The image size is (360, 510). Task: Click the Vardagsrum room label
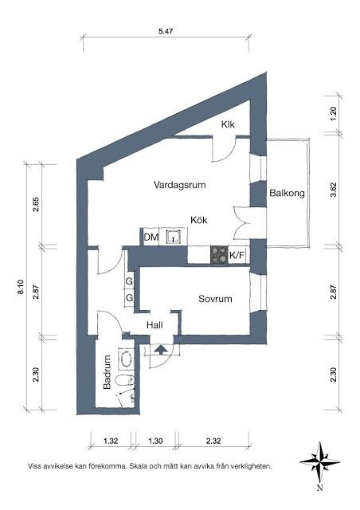click(x=179, y=185)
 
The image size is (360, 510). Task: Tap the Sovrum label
click(x=215, y=299)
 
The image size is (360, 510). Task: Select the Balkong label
click(x=288, y=193)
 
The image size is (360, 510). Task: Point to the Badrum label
click(x=107, y=372)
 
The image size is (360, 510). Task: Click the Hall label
click(x=155, y=325)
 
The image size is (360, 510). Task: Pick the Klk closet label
click(x=228, y=124)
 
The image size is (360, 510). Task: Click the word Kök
click(x=198, y=220)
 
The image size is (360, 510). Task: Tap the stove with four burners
click(x=219, y=254)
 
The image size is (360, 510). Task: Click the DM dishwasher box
click(x=151, y=237)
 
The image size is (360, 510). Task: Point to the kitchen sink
click(x=174, y=237)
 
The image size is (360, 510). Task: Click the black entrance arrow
click(x=161, y=349)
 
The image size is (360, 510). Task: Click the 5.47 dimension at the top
click(x=166, y=32)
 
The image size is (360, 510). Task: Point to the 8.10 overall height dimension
click(x=21, y=287)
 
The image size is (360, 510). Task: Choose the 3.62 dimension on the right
click(x=334, y=190)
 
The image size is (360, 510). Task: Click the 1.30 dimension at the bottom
click(x=155, y=441)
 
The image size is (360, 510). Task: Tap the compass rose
click(x=319, y=461)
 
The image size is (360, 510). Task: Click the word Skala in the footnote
click(x=140, y=466)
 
